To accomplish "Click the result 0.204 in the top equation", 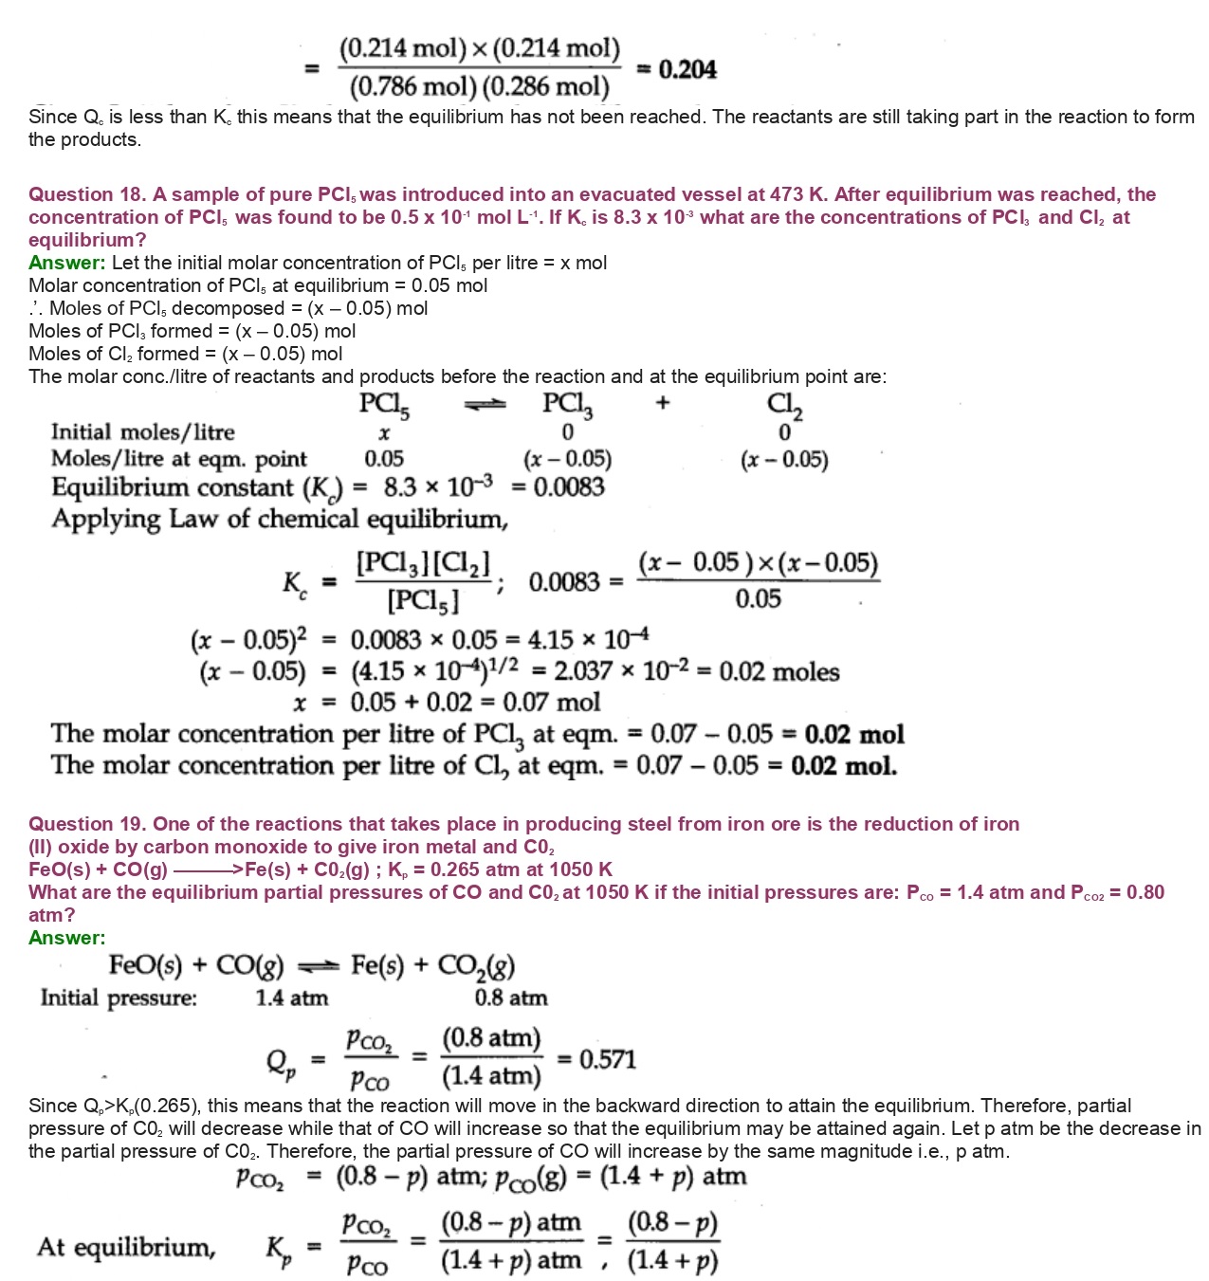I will pos(687,69).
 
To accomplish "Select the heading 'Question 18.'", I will pos(86,194).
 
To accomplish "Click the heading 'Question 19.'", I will pos(86,824).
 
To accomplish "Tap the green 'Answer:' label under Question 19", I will pos(66,938).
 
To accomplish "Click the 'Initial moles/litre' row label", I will pos(142,432).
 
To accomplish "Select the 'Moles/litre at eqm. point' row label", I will pos(178,460).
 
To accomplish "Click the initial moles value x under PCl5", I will pos(384,433).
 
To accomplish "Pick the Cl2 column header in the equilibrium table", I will pos(784,405).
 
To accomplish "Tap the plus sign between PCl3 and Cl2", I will pos(662,403).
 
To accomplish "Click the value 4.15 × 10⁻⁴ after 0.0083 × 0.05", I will pos(589,640).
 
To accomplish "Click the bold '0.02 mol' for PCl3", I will pos(853,735).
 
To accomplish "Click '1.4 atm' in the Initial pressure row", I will pos(292,997).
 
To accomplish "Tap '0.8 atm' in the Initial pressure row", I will pos(511,997).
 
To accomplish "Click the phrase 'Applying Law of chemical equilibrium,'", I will pos(280,520).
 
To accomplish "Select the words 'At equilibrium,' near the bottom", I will pos(126,1247).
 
